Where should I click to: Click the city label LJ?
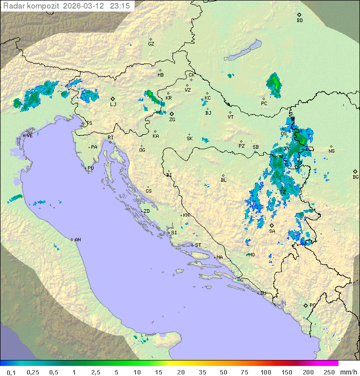(113, 105)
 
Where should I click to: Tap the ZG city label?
(172, 120)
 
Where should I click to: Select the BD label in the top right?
(299, 21)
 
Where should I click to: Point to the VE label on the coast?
(29, 136)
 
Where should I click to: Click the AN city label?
(77, 240)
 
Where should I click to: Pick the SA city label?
(272, 231)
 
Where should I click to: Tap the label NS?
(331, 151)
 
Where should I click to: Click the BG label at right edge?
(355, 177)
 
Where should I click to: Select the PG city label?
(312, 305)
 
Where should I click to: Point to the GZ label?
(151, 44)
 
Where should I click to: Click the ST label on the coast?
(198, 245)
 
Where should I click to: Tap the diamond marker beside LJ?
(113, 99)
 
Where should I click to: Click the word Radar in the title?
(13, 6)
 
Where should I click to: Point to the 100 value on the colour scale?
(265, 372)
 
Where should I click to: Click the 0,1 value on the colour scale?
(11, 372)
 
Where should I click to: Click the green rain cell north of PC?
(274, 84)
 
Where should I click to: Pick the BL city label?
(223, 180)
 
